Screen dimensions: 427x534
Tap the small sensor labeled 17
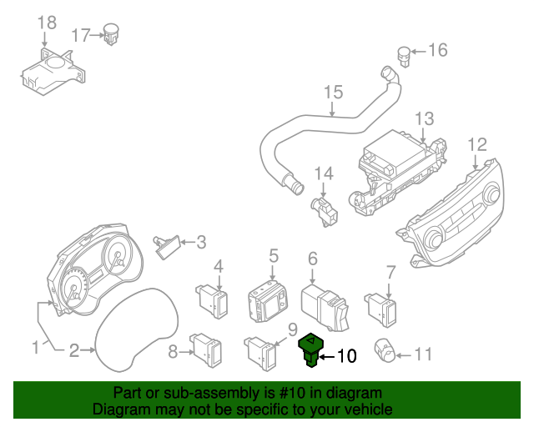pos(110,34)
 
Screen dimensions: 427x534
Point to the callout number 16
pos(437,51)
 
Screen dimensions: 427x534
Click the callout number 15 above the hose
pos(333,92)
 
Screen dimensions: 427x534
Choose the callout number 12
pos(476,144)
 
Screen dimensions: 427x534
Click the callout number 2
pos(73,351)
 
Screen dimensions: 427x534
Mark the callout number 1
pos(35,346)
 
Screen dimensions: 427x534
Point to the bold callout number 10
pos(345,356)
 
